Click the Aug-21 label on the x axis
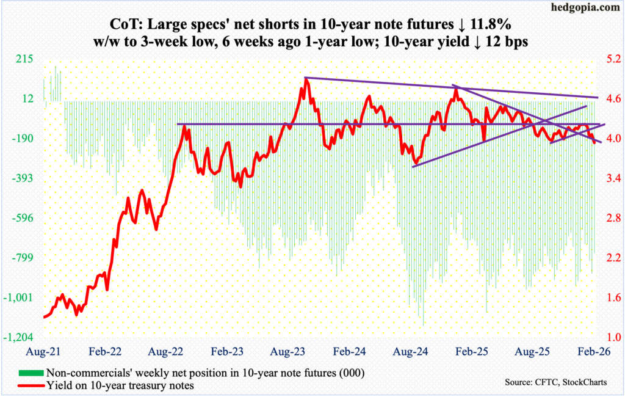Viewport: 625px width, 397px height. point(44,352)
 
